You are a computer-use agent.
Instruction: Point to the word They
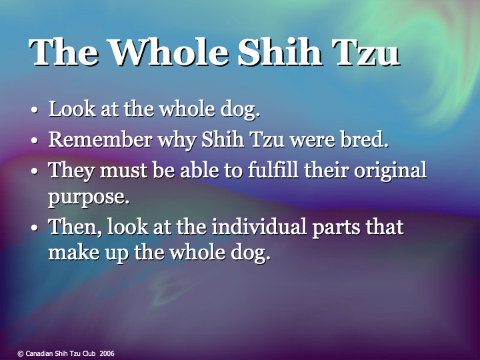click(x=71, y=170)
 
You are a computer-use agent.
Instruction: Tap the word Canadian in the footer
click(x=40, y=353)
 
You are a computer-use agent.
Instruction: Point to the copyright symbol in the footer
click(x=21, y=353)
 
